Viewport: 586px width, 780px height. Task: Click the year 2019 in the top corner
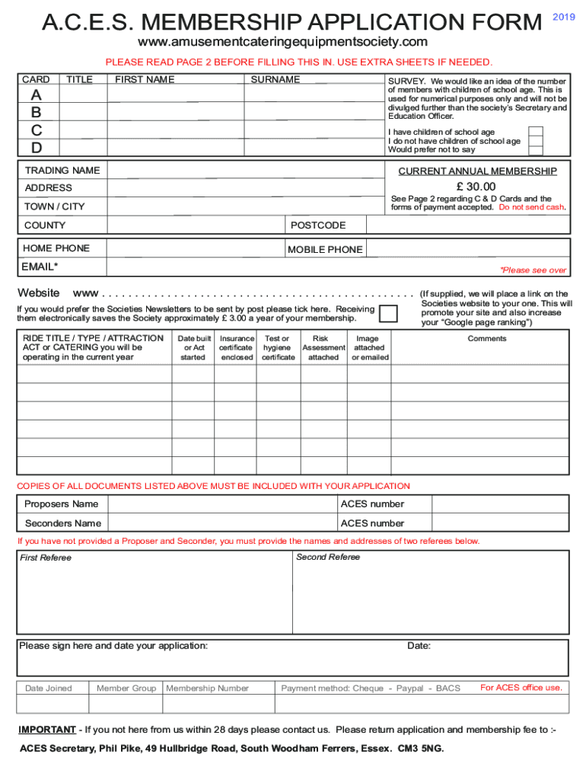coord(563,17)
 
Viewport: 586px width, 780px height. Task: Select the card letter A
coord(37,96)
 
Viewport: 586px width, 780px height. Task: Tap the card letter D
coord(37,148)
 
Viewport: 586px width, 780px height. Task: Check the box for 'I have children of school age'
coord(536,132)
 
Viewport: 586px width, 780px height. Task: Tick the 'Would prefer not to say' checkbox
coord(536,150)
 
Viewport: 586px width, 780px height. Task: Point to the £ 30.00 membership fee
coord(476,187)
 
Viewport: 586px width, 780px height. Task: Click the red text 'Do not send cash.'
coord(532,207)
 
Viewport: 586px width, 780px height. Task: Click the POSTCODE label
coord(318,225)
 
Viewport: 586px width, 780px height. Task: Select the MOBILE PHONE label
coord(325,249)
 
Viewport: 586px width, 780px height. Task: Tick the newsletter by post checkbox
coord(388,314)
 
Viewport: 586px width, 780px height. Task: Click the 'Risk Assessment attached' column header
coord(323,347)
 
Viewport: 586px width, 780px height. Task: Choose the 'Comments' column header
coord(486,338)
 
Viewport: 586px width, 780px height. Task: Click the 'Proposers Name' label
coord(61,504)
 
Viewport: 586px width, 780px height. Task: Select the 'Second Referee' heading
coord(327,558)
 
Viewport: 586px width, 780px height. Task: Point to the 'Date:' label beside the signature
coord(419,646)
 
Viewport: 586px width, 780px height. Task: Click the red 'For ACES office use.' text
coord(521,688)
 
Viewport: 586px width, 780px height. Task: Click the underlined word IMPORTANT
coord(46,730)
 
